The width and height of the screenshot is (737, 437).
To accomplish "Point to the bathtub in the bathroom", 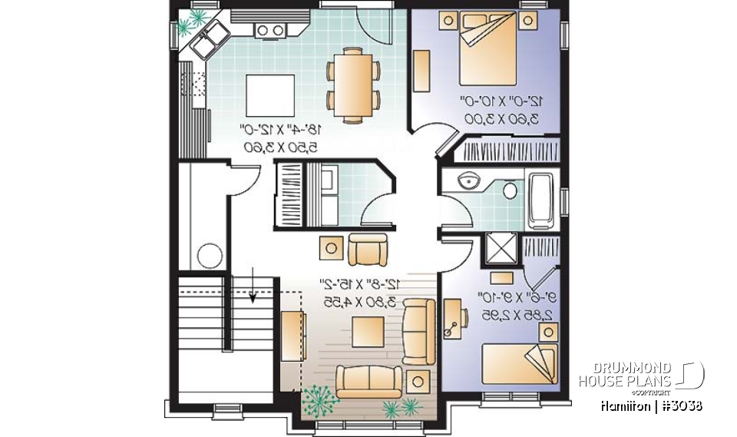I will [540, 201].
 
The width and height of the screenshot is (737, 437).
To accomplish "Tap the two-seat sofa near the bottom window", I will [369, 381].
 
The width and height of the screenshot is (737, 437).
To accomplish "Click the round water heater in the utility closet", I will [210, 254].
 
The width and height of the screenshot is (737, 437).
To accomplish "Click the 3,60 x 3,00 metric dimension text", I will [499, 118].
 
